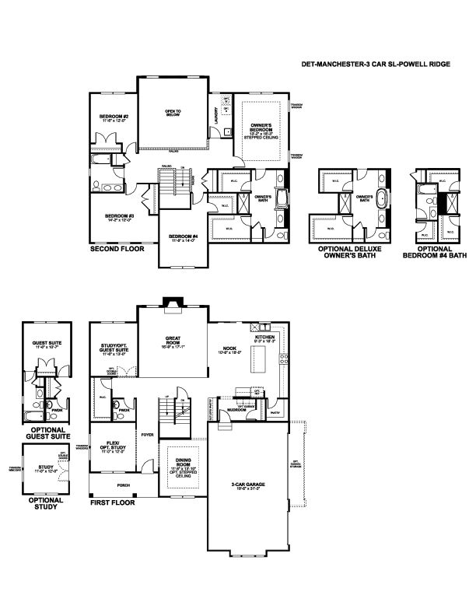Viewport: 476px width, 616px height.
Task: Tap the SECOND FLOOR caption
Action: coord(116,250)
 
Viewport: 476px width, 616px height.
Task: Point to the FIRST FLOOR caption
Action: coord(112,502)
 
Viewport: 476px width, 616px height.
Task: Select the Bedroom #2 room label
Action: coord(114,119)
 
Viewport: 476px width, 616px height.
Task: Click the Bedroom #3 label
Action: coord(120,217)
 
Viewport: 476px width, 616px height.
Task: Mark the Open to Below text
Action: coord(173,114)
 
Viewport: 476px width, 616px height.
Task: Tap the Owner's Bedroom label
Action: coord(260,130)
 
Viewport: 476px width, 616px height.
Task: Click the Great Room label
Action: coord(173,340)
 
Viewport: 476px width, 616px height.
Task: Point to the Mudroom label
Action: coord(248,409)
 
